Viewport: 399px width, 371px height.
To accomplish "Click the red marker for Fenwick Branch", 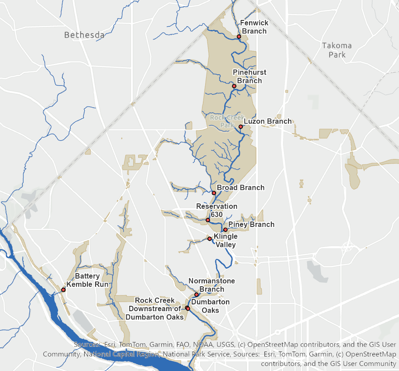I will point(239,36).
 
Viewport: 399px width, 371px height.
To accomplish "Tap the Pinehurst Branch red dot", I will point(234,86).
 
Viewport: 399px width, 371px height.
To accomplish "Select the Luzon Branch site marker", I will point(241,126).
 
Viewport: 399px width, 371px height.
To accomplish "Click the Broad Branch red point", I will point(214,193).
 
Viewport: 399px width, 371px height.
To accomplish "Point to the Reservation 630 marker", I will point(208,220).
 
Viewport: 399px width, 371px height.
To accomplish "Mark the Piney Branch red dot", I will point(225,230).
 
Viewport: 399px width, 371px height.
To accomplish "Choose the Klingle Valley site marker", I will point(209,238).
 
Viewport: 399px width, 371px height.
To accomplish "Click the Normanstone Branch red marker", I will point(197,294).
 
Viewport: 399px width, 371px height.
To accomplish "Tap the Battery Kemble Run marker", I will point(63,289).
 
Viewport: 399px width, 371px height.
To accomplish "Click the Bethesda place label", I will point(84,35).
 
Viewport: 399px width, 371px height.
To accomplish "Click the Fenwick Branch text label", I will point(254,27).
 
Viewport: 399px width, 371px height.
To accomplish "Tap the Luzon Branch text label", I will point(268,121).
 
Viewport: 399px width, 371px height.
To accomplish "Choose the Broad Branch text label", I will point(240,188).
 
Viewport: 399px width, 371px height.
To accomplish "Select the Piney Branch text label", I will point(251,224).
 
